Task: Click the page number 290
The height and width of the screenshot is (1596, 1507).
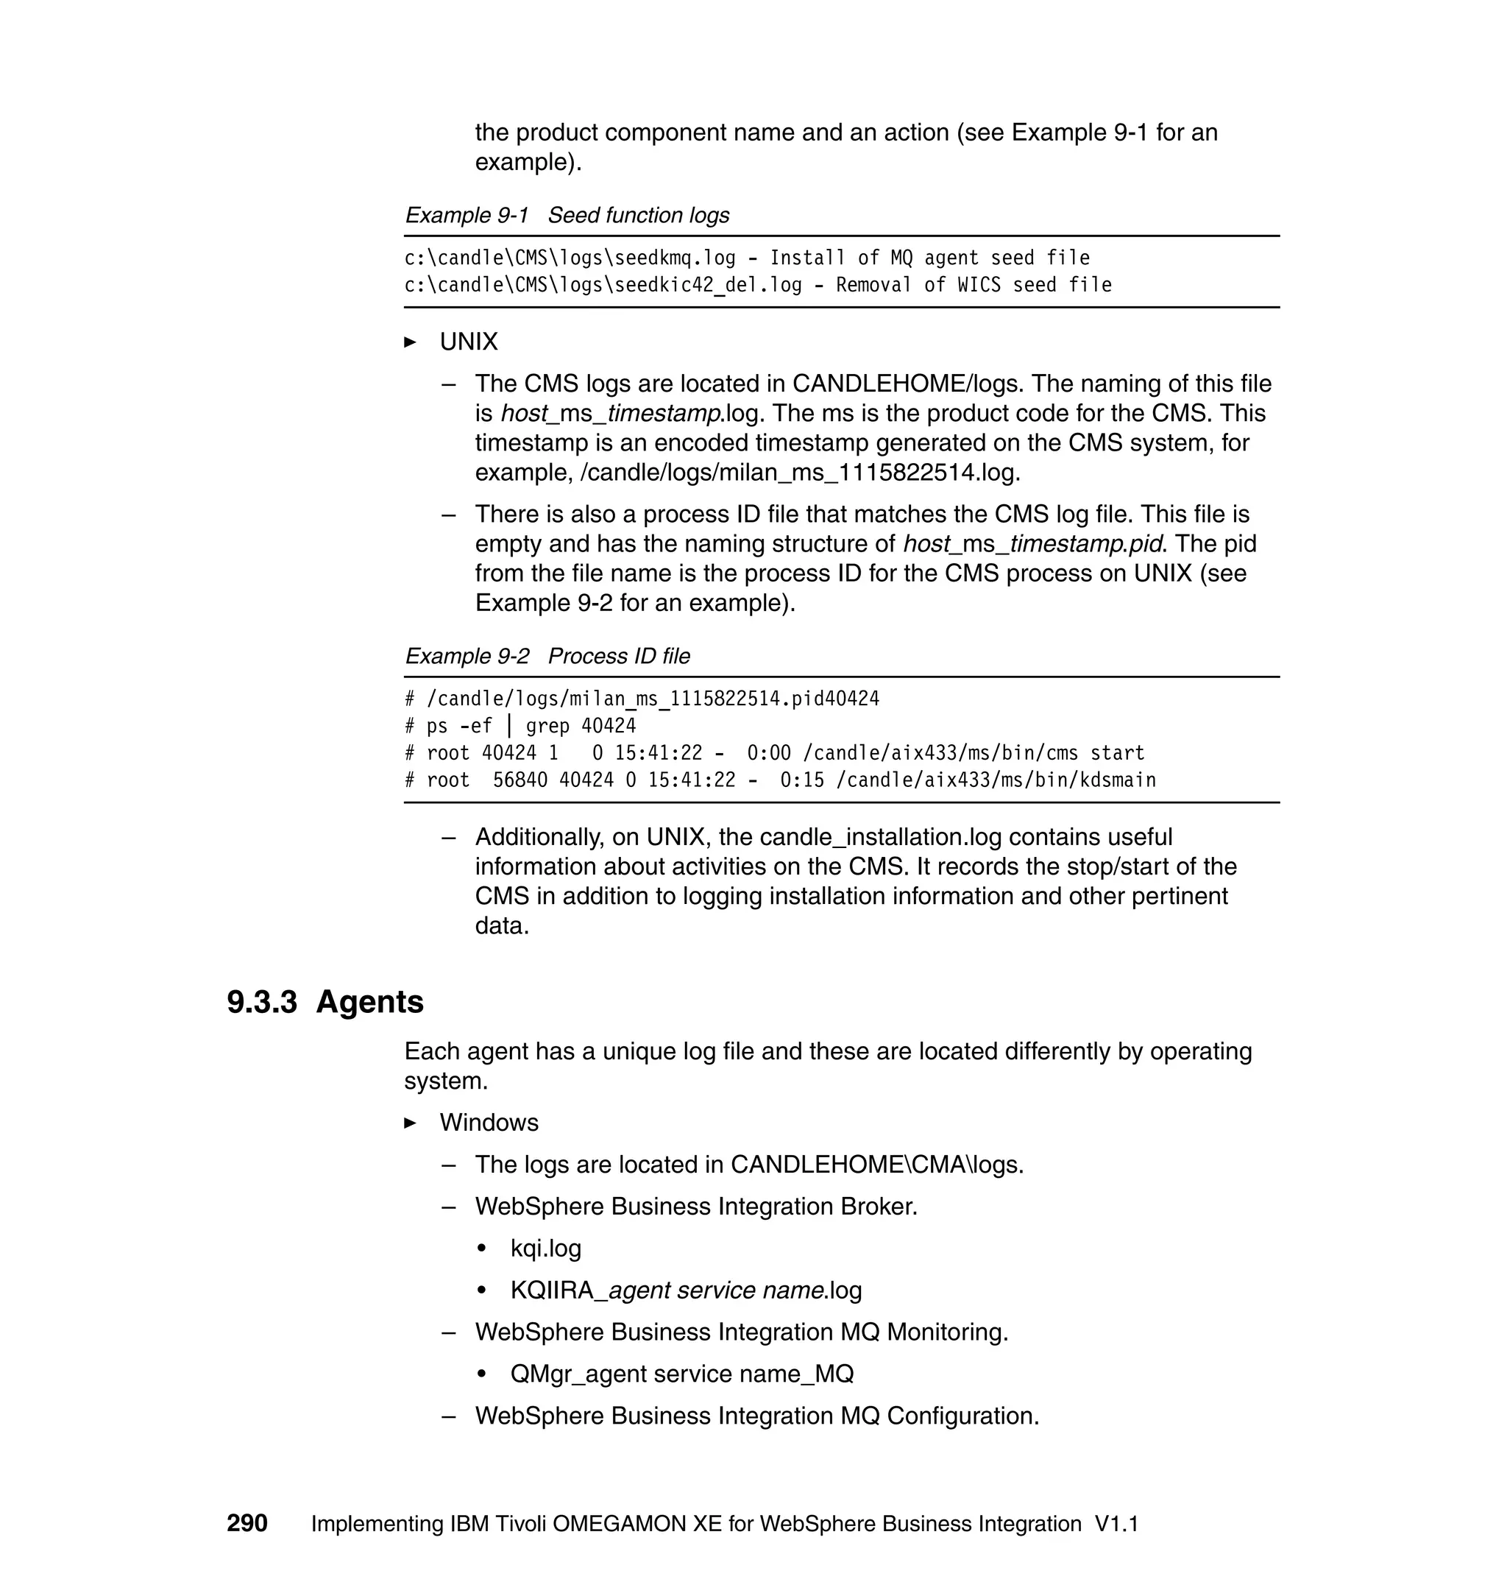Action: pyautogui.click(x=247, y=1524)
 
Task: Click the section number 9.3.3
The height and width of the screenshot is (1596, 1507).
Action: pyautogui.click(x=262, y=1002)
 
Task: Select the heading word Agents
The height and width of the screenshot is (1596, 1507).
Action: pyautogui.click(x=369, y=1002)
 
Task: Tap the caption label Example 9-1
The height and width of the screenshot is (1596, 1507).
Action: pyautogui.click(x=467, y=216)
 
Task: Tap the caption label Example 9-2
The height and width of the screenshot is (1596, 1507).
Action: pyautogui.click(x=467, y=657)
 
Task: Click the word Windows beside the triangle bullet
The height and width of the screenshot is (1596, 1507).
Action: pyautogui.click(x=489, y=1123)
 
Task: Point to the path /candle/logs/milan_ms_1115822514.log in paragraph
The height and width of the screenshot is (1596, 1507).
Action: pyautogui.click(x=799, y=473)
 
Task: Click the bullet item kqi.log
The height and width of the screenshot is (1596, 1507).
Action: pyautogui.click(x=545, y=1248)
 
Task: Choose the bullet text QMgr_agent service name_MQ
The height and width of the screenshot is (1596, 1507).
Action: pyautogui.click(x=681, y=1374)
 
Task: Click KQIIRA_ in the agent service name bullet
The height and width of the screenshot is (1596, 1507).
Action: pyautogui.click(x=559, y=1290)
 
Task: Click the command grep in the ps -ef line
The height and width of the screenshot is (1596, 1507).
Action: pyautogui.click(x=547, y=727)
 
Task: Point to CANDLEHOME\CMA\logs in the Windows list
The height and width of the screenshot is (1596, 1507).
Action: pyautogui.click(x=876, y=1165)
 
